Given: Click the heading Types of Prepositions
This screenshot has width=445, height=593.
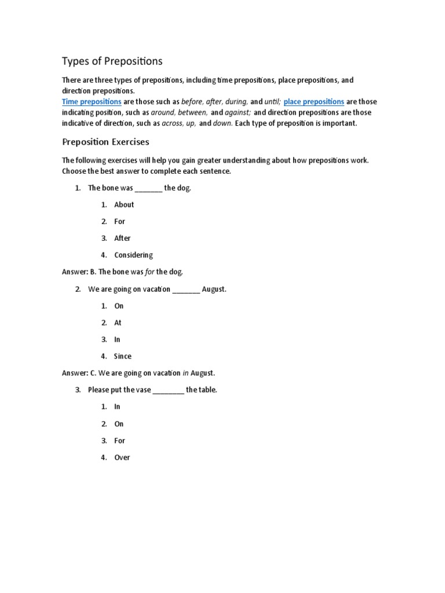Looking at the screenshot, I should pos(112,61).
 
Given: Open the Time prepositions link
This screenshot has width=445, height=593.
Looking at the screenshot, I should pos(92,101).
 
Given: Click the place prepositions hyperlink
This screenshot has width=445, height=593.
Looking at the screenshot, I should pos(313,101).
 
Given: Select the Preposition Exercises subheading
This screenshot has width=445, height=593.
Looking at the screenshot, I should pos(105,142).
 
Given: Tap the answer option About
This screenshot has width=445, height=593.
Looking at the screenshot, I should pos(124,204).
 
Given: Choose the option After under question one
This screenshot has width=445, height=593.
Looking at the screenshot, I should pos(122,238).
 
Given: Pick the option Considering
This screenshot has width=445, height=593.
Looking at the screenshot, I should pos(133,255).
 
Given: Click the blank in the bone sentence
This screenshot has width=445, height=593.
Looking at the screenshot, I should pos(149,189).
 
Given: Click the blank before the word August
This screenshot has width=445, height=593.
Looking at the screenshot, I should pos(186,290).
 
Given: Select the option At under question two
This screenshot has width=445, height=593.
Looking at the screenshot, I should pos(118,323).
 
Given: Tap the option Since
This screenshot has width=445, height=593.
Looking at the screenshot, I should pos(123,356).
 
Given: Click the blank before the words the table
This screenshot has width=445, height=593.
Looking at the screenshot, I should pos(168,390).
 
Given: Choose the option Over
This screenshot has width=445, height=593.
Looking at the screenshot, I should pos(122,457).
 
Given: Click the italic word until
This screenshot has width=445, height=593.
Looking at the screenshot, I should pos(272,101).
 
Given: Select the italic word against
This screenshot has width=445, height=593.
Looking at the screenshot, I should pos(238,112).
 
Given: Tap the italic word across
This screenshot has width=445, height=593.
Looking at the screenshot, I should pos(173,123).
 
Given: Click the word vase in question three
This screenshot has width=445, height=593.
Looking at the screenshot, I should pos(142,390).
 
